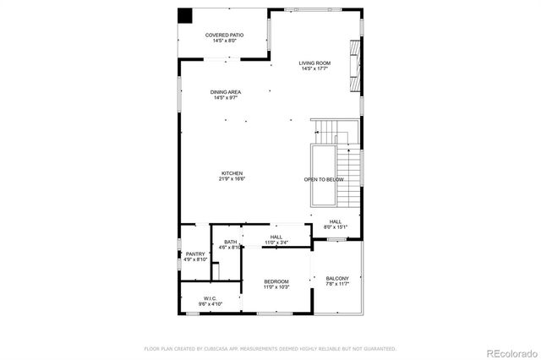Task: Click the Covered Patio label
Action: (x=224, y=35)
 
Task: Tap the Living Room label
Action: (x=314, y=63)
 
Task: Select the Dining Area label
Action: (x=226, y=92)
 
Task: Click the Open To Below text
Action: (x=324, y=180)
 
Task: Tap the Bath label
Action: (x=230, y=243)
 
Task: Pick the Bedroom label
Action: (x=276, y=281)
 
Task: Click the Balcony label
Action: (x=337, y=278)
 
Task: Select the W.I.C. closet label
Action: (x=210, y=297)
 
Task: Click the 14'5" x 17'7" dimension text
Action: (x=314, y=69)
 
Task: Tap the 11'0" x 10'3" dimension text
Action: (x=276, y=287)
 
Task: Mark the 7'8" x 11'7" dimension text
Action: (x=337, y=284)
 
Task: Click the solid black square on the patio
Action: (x=184, y=16)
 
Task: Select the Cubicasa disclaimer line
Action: (x=270, y=348)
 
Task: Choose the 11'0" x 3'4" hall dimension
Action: (x=276, y=243)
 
